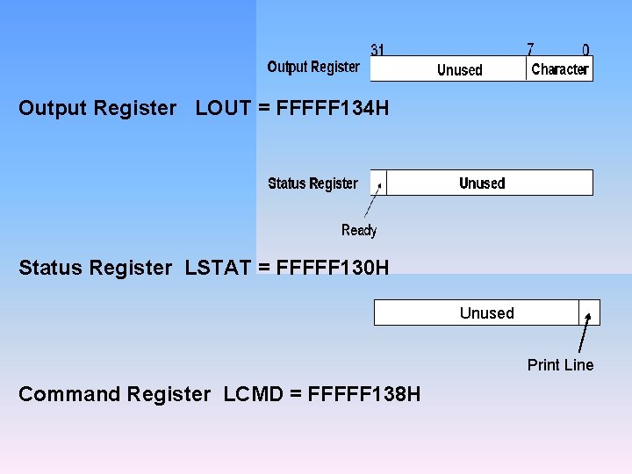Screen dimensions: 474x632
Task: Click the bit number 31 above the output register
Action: tap(377, 50)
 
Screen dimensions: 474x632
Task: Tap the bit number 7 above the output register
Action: tap(530, 50)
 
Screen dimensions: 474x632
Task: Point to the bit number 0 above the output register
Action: tap(585, 51)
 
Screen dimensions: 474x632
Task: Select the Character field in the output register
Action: tap(559, 69)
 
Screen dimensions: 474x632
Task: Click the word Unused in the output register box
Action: tap(460, 70)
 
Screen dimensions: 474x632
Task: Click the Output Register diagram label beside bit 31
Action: tap(313, 67)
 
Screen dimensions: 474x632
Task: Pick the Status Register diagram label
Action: tap(312, 183)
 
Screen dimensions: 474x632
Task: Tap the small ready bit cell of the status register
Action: tap(378, 183)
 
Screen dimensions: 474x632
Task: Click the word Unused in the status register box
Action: tap(482, 183)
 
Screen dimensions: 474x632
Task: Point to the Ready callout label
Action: tap(359, 230)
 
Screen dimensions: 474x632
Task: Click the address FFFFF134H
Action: tap(332, 109)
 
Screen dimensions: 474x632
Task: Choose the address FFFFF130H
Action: tap(332, 268)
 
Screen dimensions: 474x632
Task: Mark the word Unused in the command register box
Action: tap(486, 313)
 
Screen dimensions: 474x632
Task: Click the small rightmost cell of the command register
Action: tap(589, 312)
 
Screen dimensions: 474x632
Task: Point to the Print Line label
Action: tap(560, 365)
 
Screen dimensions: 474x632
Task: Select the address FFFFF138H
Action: tap(363, 394)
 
